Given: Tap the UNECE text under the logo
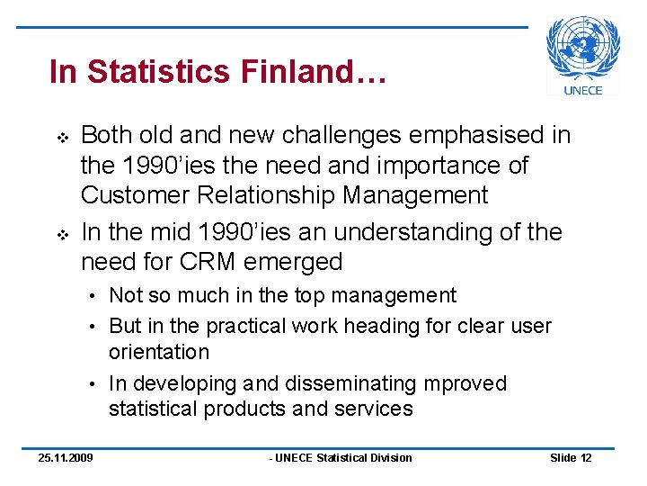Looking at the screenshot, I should click(583, 90).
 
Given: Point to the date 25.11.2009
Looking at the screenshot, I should click(65, 458).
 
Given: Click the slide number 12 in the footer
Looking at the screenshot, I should click(586, 458).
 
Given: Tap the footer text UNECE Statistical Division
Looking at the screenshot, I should click(342, 458).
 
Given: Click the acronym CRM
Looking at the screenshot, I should click(206, 262).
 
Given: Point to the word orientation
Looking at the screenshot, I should click(159, 352).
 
